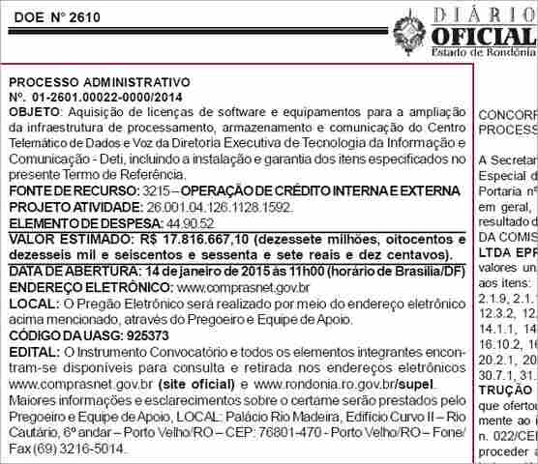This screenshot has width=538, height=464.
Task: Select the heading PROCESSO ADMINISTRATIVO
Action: (x=99, y=82)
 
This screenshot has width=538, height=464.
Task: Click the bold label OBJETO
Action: (x=33, y=112)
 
